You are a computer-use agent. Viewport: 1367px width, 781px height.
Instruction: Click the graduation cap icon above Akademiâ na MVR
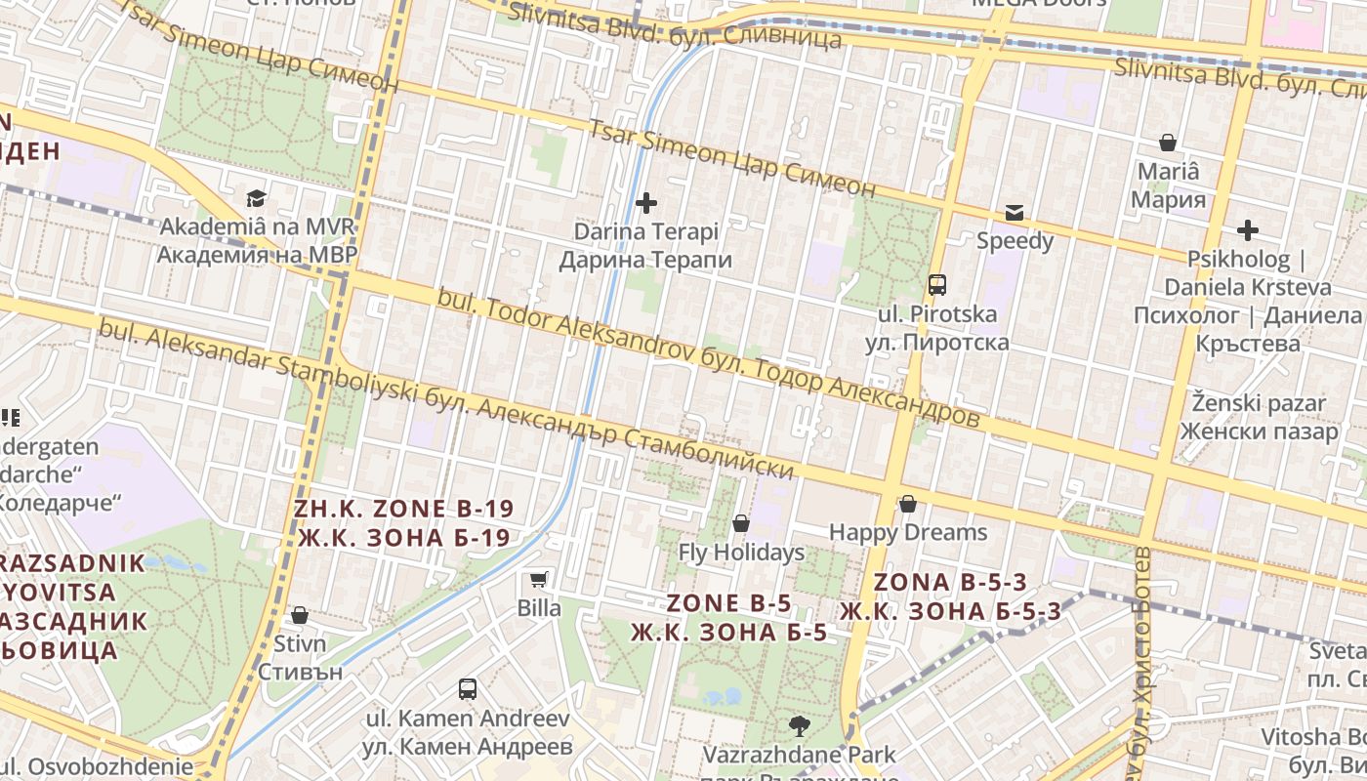256,198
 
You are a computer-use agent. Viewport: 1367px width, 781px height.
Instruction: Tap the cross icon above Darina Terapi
645,203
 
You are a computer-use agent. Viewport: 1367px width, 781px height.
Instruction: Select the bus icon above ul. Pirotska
936,285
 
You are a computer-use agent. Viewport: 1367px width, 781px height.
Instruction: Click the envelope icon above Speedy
1015,212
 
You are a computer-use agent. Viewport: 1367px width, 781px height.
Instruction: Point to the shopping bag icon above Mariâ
1167,143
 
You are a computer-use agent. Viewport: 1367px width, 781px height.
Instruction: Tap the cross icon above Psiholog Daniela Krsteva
1247,230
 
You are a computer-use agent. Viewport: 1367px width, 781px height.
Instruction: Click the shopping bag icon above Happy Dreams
907,504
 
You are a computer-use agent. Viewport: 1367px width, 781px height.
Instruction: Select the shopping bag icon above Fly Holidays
741,523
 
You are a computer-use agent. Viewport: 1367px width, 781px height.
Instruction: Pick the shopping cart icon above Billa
538,579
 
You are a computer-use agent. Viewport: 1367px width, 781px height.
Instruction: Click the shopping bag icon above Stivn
300,615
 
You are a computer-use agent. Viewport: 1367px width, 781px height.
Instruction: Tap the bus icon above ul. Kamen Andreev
468,689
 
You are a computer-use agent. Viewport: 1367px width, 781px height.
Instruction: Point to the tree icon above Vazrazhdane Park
799,725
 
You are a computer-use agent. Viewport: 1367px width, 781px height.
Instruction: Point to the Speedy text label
1015,241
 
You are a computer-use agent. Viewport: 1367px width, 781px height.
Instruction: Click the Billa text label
539,608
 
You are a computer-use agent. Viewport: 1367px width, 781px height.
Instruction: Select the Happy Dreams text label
908,532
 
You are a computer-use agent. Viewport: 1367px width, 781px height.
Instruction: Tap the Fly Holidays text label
741,553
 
